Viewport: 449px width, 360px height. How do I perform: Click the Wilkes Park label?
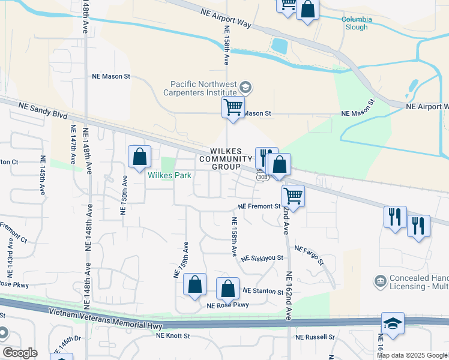pos(170,176)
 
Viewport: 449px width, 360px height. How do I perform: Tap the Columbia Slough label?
pos(357,23)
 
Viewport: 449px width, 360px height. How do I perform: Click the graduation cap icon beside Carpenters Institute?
pos(245,88)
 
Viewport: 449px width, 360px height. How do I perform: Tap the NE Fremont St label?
pos(259,206)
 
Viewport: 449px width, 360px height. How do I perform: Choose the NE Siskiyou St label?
pos(262,258)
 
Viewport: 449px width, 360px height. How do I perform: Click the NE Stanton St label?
pos(262,291)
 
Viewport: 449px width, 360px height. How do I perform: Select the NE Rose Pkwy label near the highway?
pos(228,305)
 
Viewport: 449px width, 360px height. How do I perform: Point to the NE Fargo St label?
pos(309,256)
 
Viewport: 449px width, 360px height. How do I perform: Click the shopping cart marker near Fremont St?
pos(293,195)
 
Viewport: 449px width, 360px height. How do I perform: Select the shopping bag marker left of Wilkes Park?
pos(139,157)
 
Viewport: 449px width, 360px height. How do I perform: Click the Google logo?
pos(20,353)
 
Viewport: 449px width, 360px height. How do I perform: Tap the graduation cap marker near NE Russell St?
pos(393,323)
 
